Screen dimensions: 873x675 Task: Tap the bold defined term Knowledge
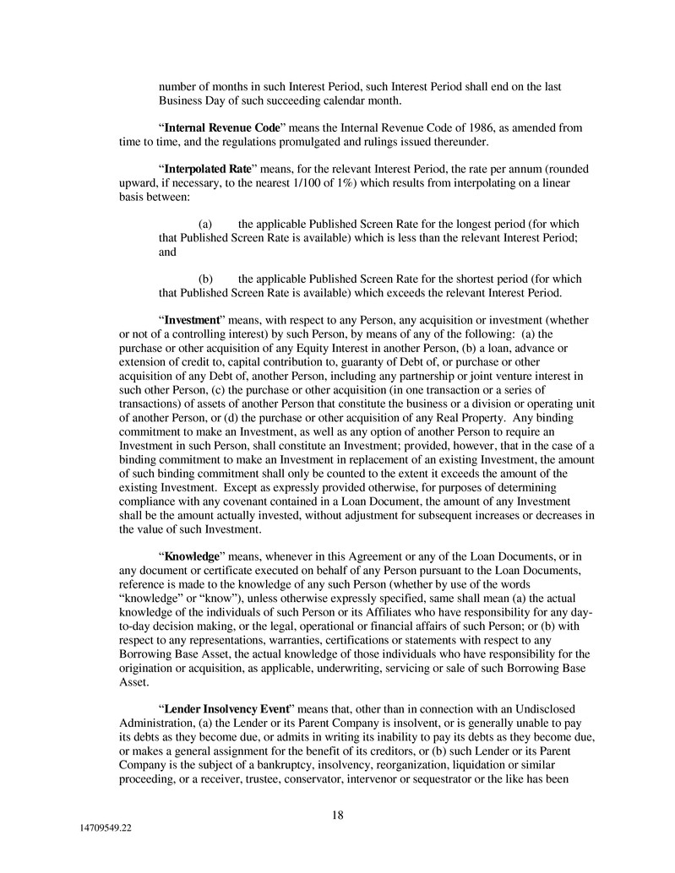pos(192,557)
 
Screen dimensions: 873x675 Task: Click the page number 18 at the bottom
pos(337,815)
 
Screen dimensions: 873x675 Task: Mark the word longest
pos(476,224)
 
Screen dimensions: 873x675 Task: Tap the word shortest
pos(477,279)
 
